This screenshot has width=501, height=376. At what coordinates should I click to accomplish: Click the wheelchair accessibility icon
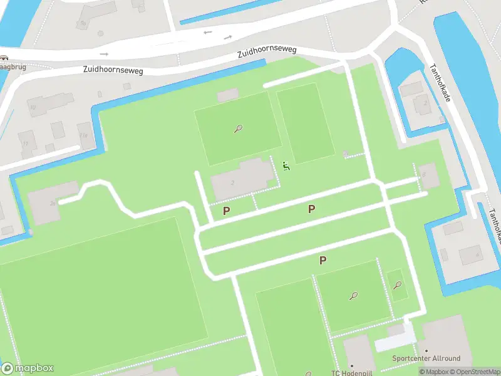pyautogui.click(x=286, y=166)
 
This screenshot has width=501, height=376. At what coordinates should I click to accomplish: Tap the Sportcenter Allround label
pyautogui.click(x=426, y=358)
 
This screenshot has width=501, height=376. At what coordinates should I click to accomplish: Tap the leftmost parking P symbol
pyautogui.click(x=226, y=211)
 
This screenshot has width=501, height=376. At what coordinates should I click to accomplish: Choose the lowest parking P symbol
pyautogui.click(x=323, y=260)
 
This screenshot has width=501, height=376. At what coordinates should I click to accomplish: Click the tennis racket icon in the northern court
pyautogui.click(x=238, y=129)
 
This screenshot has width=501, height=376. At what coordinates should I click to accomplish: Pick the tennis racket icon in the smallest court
pyautogui.click(x=397, y=285)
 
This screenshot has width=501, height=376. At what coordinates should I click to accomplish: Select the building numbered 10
pyautogui.click(x=50, y=103)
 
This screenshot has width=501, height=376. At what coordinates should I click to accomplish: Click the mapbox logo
pyautogui.click(x=28, y=368)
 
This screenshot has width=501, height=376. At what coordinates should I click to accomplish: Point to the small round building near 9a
pyautogui.click(x=100, y=33)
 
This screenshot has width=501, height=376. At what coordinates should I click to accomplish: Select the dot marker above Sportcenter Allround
pyautogui.click(x=426, y=351)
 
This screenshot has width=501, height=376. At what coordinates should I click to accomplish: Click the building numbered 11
pyautogui.click(x=26, y=143)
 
